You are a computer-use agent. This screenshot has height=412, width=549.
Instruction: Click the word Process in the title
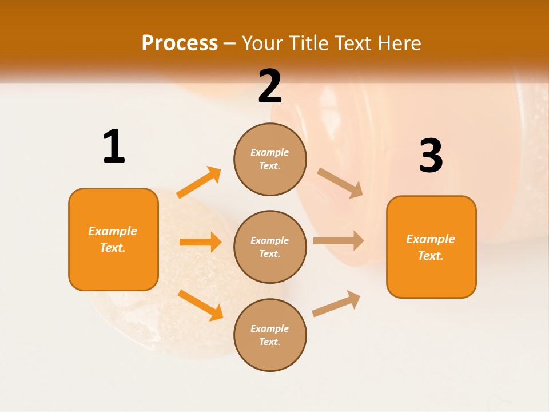point(180,43)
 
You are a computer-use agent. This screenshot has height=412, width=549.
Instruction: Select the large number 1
point(114,146)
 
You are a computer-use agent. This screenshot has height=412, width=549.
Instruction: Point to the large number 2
point(270,86)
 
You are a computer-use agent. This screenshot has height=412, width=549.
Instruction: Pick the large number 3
point(431,156)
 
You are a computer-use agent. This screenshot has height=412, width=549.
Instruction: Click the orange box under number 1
point(113,239)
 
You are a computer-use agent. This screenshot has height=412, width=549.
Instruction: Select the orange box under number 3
point(431,247)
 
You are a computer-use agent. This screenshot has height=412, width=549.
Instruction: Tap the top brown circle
point(270,159)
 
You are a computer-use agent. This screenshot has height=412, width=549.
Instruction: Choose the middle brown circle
point(270,247)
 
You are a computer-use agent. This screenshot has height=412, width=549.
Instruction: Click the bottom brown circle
point(270,335)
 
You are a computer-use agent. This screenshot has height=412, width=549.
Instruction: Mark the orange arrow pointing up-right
point(199,183)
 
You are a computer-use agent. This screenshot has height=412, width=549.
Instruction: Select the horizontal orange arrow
point(200,242)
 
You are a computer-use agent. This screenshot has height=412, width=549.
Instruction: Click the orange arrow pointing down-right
point(200,305)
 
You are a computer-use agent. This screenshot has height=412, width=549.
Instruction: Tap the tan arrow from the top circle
point(340,183)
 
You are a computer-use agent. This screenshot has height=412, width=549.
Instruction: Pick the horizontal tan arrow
point(339,240)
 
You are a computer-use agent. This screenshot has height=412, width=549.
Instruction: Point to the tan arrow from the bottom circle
point(336,303)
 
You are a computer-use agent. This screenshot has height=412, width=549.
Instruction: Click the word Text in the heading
point(354,43)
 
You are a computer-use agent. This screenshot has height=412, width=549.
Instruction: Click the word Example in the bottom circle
point(270,328)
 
